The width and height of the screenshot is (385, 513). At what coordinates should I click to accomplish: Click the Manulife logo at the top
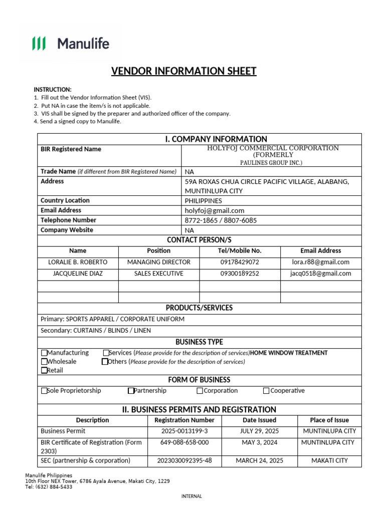[x=71, y=44]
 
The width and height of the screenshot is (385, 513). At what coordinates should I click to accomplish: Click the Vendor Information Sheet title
[x=183, y=71]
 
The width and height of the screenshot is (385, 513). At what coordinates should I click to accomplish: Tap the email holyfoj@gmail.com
[x=214, y=210]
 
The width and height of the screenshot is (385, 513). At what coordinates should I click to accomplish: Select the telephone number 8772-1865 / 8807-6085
[x=221, y=220]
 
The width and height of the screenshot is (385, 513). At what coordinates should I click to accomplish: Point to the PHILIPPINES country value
[x=203, y=200]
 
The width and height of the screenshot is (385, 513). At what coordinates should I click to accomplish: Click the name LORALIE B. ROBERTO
[x=78, y=262]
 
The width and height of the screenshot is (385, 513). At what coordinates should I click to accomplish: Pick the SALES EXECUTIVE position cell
[x=159, y=274]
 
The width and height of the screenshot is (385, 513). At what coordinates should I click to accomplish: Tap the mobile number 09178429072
[x=240, y=262]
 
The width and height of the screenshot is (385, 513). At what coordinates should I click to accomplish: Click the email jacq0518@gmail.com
[x=320, y=274]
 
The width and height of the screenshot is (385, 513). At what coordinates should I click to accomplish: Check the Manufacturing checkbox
[x=44, y=353]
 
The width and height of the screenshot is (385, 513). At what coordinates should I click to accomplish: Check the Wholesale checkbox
[x=44, y=362]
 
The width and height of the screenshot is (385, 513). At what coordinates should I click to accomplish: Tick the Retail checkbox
[x=44, y=370]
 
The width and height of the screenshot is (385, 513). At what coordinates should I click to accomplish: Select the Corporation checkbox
[x=200, y=391]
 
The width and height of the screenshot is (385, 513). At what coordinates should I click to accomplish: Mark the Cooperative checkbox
[x=266, y=391]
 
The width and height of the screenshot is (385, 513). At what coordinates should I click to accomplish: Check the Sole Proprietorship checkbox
[x=44, y=391]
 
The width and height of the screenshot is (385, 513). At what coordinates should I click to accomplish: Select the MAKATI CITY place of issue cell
[x=329, y=460]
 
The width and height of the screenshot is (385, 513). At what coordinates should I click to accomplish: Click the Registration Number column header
[x=184, y=420]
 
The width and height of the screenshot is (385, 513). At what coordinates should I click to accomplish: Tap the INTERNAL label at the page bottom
[x=191, y=496]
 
